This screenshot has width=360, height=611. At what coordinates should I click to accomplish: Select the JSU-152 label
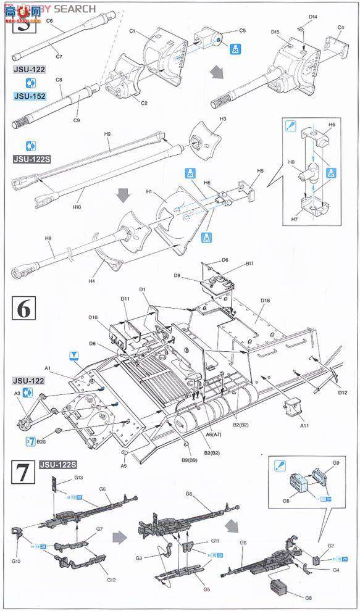pyautogui.click(x=29, y=96)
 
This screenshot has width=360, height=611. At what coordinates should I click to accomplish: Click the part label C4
pyautogui.click(x=341, y=28)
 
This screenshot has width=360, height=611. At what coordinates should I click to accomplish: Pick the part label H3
pyautogui.click(x=223, y=118)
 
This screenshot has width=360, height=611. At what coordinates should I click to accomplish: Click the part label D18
pyautogui.click(x=266, y=301)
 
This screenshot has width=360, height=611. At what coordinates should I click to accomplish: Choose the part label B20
pyautogui.click(x=41, y=441)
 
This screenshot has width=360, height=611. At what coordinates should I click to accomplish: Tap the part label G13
pyautogui.click(x=61, y=478)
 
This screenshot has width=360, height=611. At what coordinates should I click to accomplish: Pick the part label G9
pyautogui.click(x=337, y=462)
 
